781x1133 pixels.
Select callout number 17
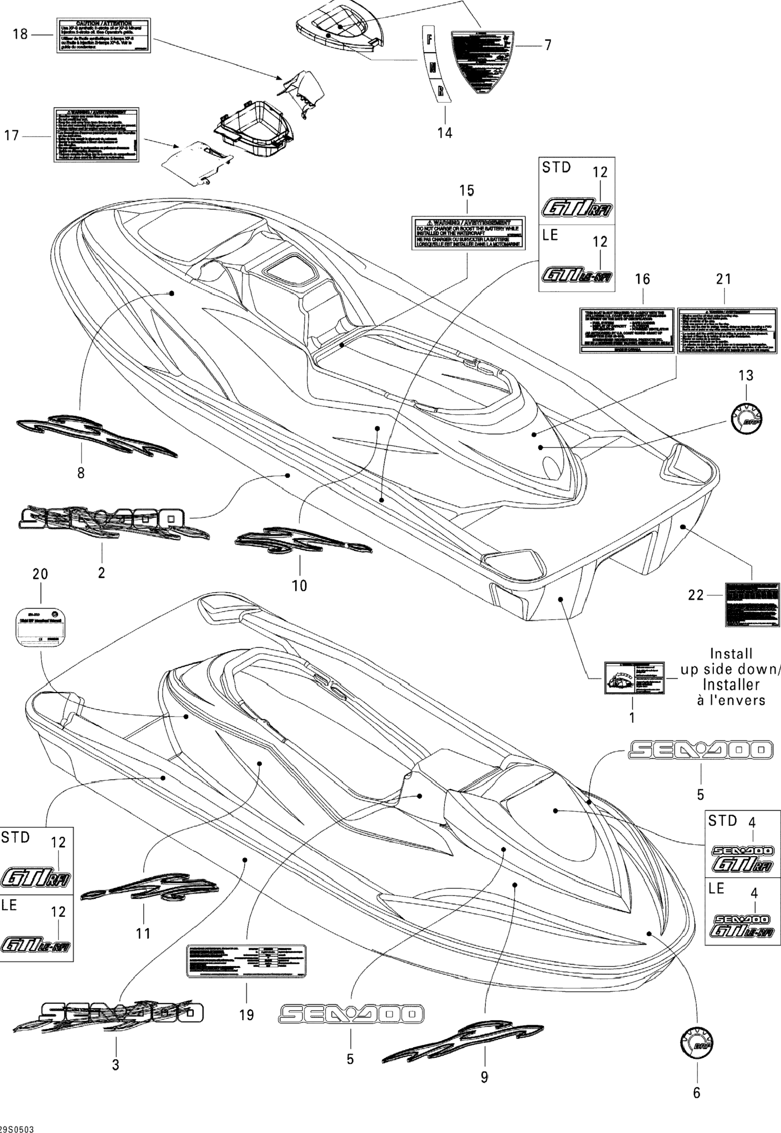11,136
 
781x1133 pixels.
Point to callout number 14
445,133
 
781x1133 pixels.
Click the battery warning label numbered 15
468,233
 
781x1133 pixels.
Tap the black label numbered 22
751,604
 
